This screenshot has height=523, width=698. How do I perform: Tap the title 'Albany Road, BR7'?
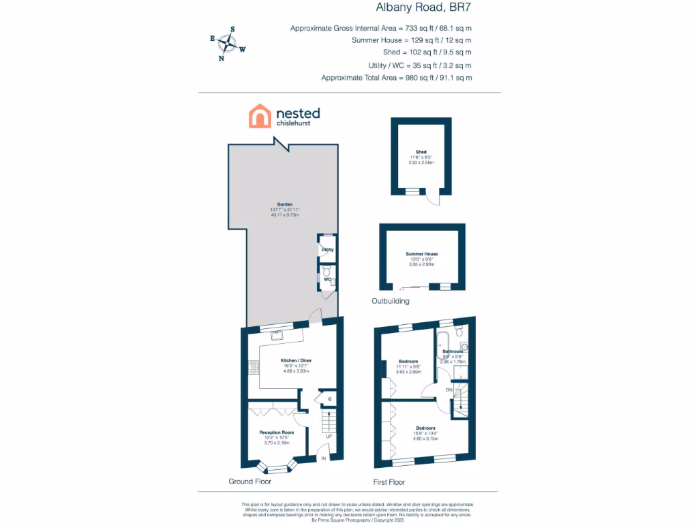[x=423, y=8]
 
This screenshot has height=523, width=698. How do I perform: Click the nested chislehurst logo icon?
[x=260, y=116]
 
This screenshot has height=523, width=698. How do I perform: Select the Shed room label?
[x=421, y=152]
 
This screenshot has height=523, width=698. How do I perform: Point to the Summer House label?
[x=422, y=254]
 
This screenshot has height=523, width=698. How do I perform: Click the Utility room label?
[x=327, y=250]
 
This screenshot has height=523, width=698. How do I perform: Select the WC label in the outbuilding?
[x=327, y=279]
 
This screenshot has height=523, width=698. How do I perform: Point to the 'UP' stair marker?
[x=329, y=436]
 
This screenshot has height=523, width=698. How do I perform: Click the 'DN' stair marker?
[x=449, y=390]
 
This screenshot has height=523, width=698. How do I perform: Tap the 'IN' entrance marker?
[x=324, y=458]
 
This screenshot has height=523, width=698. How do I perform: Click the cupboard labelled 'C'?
[x=330, y=399]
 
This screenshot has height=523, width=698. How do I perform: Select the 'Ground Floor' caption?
[x=249, y=481]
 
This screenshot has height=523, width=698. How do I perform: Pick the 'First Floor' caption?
[x=389, y=482]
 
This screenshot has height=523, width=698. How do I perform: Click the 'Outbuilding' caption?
[x=391, y=300]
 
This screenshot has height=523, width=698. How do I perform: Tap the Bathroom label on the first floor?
[x=453, y=351]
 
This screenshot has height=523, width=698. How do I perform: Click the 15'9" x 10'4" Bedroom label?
[x=425, y=428]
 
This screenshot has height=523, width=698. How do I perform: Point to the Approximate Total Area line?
[x=396, y=78]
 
